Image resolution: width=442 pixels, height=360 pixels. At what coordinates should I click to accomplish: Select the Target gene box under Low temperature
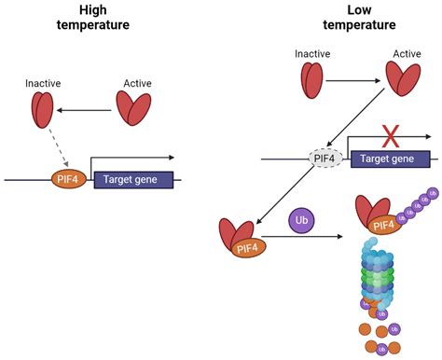point(390,159)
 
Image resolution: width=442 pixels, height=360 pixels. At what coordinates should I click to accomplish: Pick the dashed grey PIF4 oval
point(325,159)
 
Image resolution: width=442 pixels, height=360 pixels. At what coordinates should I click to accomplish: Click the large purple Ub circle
point(301,221)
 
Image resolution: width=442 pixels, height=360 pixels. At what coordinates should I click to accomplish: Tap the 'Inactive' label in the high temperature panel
point(43,85)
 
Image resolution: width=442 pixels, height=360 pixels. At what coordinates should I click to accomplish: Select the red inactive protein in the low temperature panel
point(311,80)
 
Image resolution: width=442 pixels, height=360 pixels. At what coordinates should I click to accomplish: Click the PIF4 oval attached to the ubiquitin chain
point(381,224)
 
